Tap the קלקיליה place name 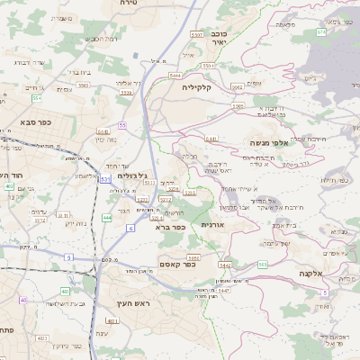(x=196, y=87)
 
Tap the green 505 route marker (x=262, y=264)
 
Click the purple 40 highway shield (x=24, y=300)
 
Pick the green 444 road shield (x=107, y=218)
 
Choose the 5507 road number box (x=197, y=33)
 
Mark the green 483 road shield (x=65, y=292)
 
